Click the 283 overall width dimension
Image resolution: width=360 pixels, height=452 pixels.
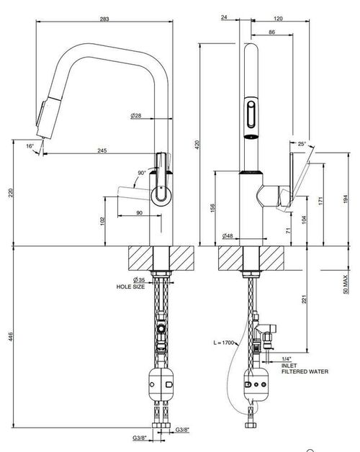tap(104, 19)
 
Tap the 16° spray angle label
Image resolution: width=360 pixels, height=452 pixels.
tap(30, 146)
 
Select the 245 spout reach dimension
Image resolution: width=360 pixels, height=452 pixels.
tap(102, 150)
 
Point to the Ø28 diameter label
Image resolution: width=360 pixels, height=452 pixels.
tap(136, 116)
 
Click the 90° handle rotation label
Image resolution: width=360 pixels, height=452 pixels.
tap(142, 173)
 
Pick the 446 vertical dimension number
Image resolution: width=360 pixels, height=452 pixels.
tap(10, 336)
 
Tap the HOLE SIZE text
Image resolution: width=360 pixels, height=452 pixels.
tap(130, 287)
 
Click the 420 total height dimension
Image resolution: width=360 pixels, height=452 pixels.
tap(197, 145)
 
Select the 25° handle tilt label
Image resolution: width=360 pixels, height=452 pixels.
tap(302, 144)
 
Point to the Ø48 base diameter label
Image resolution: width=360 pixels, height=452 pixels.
tap(228, 236)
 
